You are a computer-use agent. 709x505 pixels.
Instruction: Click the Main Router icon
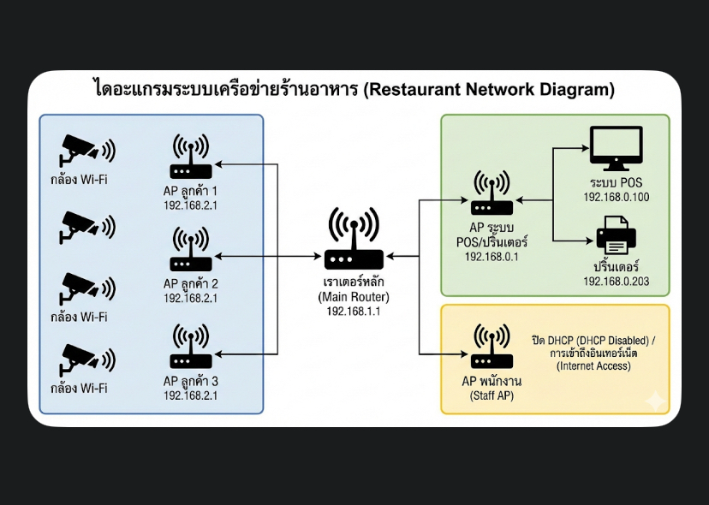353,241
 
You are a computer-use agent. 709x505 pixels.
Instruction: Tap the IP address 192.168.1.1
353,312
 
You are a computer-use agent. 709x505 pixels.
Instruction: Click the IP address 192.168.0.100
617,198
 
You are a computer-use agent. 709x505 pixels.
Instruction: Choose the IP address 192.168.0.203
617,282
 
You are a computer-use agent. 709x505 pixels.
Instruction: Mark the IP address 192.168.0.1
492,256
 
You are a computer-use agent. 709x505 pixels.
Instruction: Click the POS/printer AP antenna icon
492,195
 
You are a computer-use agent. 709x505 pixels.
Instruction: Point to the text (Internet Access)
594,365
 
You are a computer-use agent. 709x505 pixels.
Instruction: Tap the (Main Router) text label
353,297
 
